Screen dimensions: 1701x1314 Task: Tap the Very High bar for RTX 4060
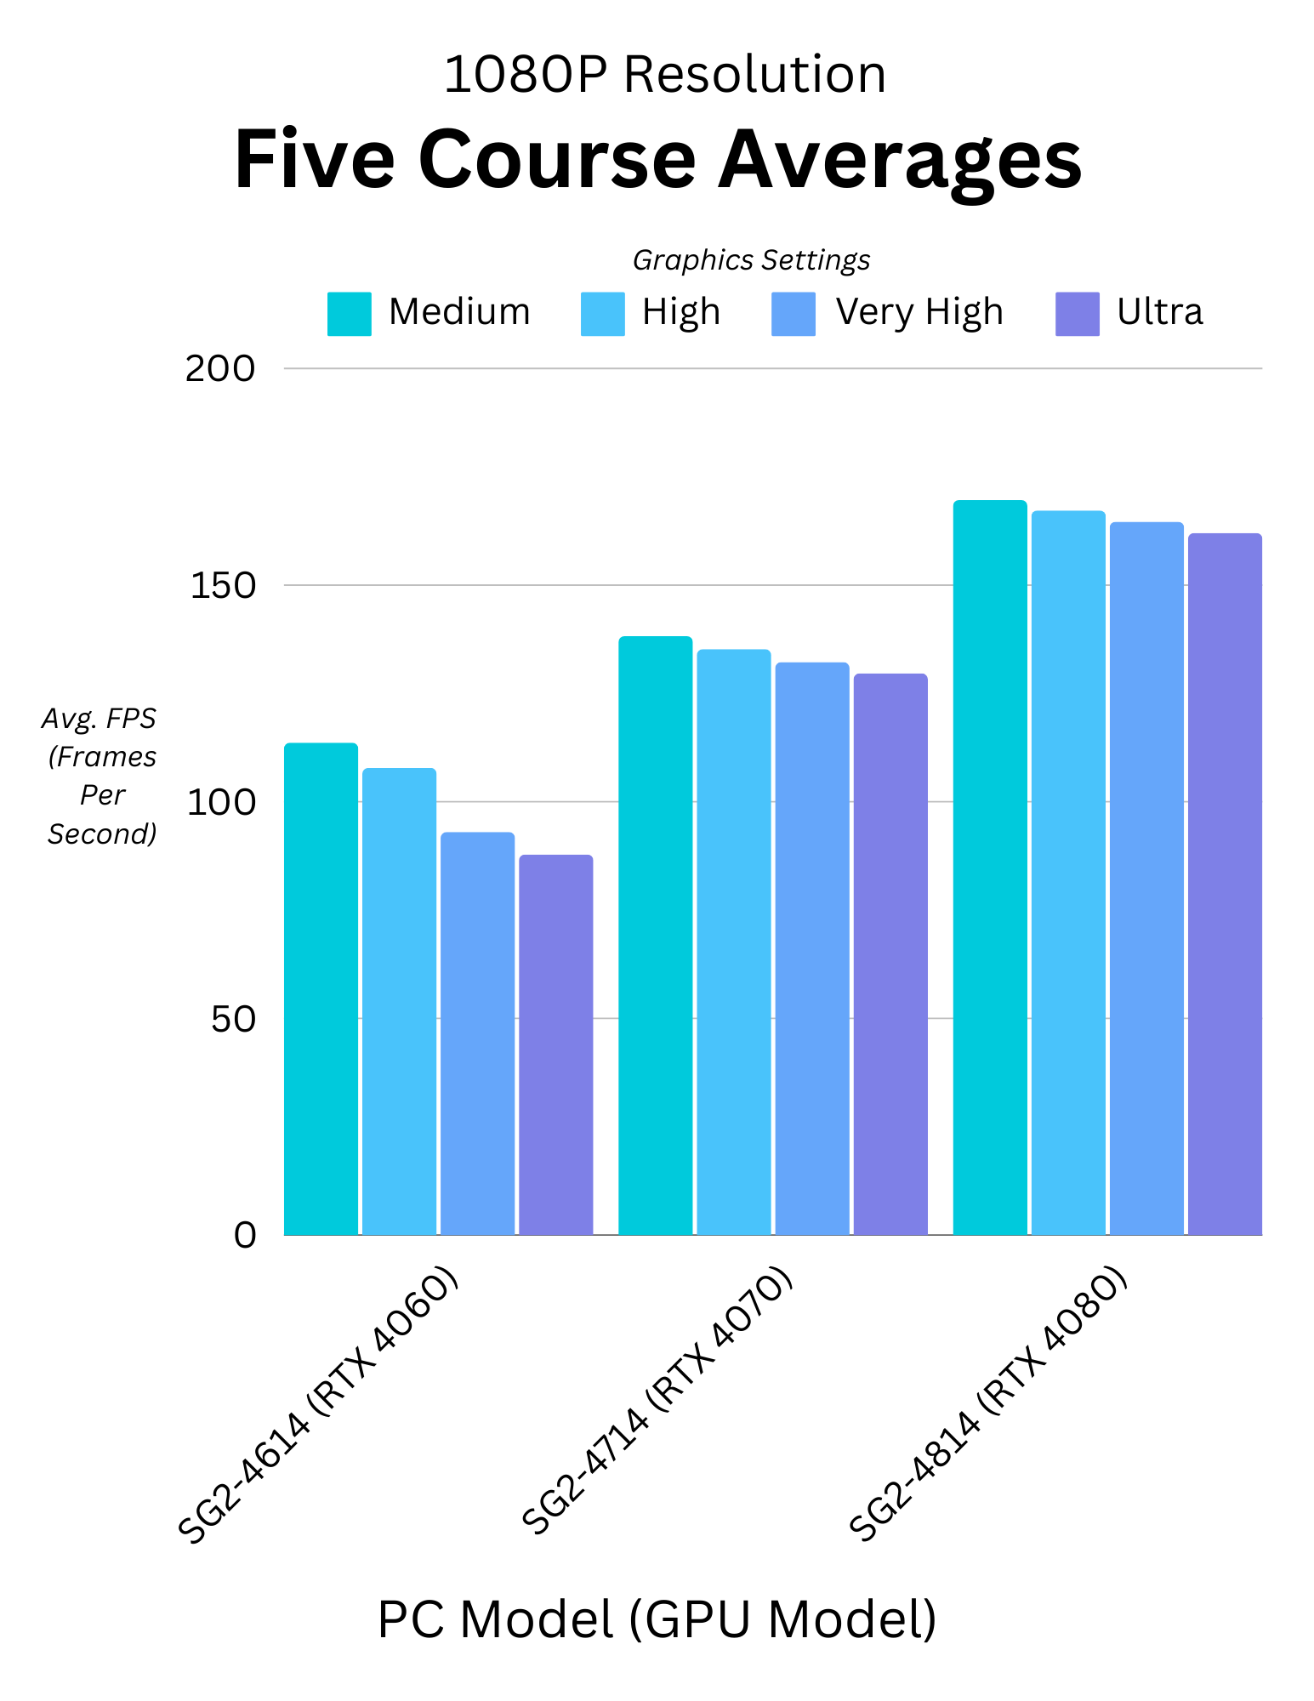click(x=477, y=1033)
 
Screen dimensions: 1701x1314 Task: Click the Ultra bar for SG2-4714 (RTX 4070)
click(x=890, y=953)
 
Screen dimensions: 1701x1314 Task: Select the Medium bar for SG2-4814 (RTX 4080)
click(x=990, y=867)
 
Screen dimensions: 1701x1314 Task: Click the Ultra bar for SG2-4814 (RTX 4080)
click(x=1225, y=884)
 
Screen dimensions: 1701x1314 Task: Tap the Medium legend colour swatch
click(x=349, y=314)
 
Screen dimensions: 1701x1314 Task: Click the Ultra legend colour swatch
click(x=1077, y=314)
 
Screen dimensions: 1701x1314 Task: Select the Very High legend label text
click(x=919, y=312)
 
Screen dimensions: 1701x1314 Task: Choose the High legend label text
click(x=681, y=312)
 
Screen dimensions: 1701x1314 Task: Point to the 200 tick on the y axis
click(x=220, y=369)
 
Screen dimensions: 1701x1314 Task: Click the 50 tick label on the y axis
click(x=233, y=1019)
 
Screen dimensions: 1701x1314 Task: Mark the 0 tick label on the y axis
click(x=245, y=1235)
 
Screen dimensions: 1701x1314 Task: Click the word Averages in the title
click(x=900, y=160)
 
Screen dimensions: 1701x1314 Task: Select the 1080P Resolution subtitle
click(x=664, y=74)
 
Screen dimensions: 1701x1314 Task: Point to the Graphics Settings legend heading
click(x=751, y=260)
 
